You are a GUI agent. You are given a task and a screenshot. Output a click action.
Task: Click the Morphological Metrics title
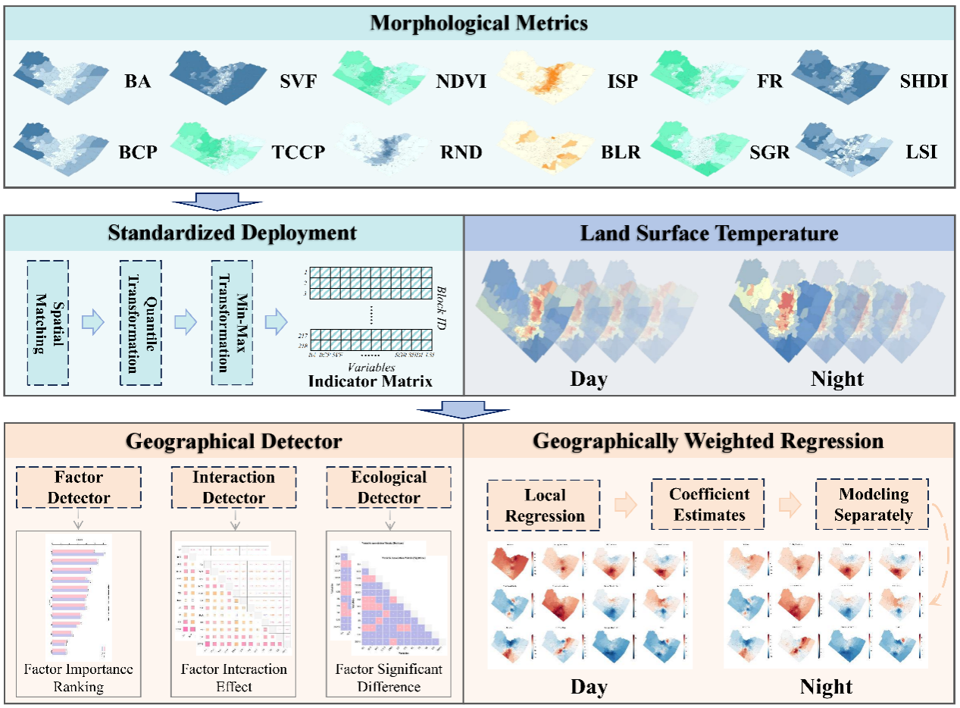pyautogui.click(x=479, y=23)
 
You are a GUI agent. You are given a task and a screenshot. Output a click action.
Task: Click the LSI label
pyautogui.click(x=921, y=152)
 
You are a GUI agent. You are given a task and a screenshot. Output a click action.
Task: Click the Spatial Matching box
pyautogui.click(x=48, y=322)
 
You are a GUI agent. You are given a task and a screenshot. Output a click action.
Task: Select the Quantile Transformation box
pyautogui.click(x=140, y=322)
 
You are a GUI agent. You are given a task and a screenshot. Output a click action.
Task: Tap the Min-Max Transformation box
pyautogui.click(x=233, y=322)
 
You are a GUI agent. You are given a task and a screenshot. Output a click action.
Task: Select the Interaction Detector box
pyautogui.click(x=234, y=487)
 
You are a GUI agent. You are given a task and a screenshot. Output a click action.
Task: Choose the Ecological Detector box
pyautogui.click(x=388, y=487)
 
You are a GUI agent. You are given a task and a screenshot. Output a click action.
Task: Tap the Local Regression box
pyautogui.click(x=545, y=505)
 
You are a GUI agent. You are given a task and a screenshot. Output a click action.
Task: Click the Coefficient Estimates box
pyautogui.click(x=708, y=504)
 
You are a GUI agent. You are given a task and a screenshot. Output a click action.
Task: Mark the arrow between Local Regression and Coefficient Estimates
pyautogui.click(x=626, y=505)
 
